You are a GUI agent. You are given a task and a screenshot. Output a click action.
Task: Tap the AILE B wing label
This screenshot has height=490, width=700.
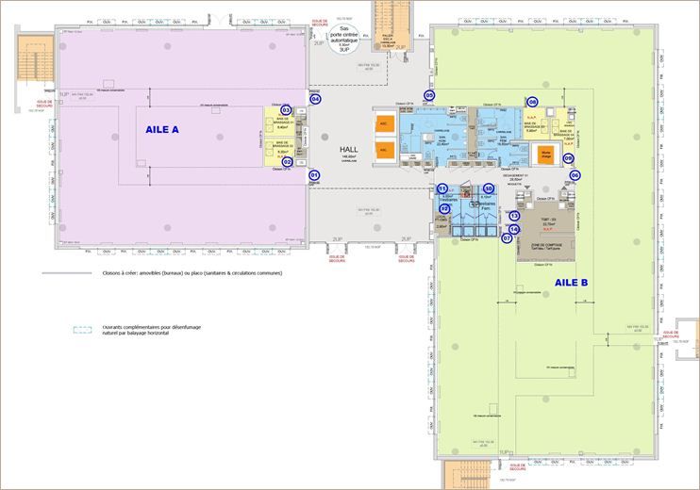572,282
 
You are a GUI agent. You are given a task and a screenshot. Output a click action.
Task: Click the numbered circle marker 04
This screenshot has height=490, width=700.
315,98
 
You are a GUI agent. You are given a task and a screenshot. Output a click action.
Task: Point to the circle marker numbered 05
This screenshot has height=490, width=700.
429,95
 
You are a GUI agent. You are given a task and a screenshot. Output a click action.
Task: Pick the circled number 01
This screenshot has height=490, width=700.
315,174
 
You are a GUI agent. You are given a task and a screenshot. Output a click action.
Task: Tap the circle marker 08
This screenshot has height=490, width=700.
532,102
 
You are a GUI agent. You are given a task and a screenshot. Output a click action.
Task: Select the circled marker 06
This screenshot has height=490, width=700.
575,174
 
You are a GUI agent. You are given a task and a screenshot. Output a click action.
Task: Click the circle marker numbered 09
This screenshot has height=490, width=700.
569,159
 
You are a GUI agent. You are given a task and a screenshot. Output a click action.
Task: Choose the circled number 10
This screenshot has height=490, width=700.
489,188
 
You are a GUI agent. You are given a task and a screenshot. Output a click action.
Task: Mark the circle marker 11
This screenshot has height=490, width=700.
442,189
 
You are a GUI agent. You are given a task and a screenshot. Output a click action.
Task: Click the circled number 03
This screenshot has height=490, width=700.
286,110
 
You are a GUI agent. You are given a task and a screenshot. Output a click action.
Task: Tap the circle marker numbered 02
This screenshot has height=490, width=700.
287,162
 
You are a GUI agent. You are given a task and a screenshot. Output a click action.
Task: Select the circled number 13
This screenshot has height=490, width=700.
514,216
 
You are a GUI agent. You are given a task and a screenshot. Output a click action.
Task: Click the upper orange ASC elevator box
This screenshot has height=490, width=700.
383,123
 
